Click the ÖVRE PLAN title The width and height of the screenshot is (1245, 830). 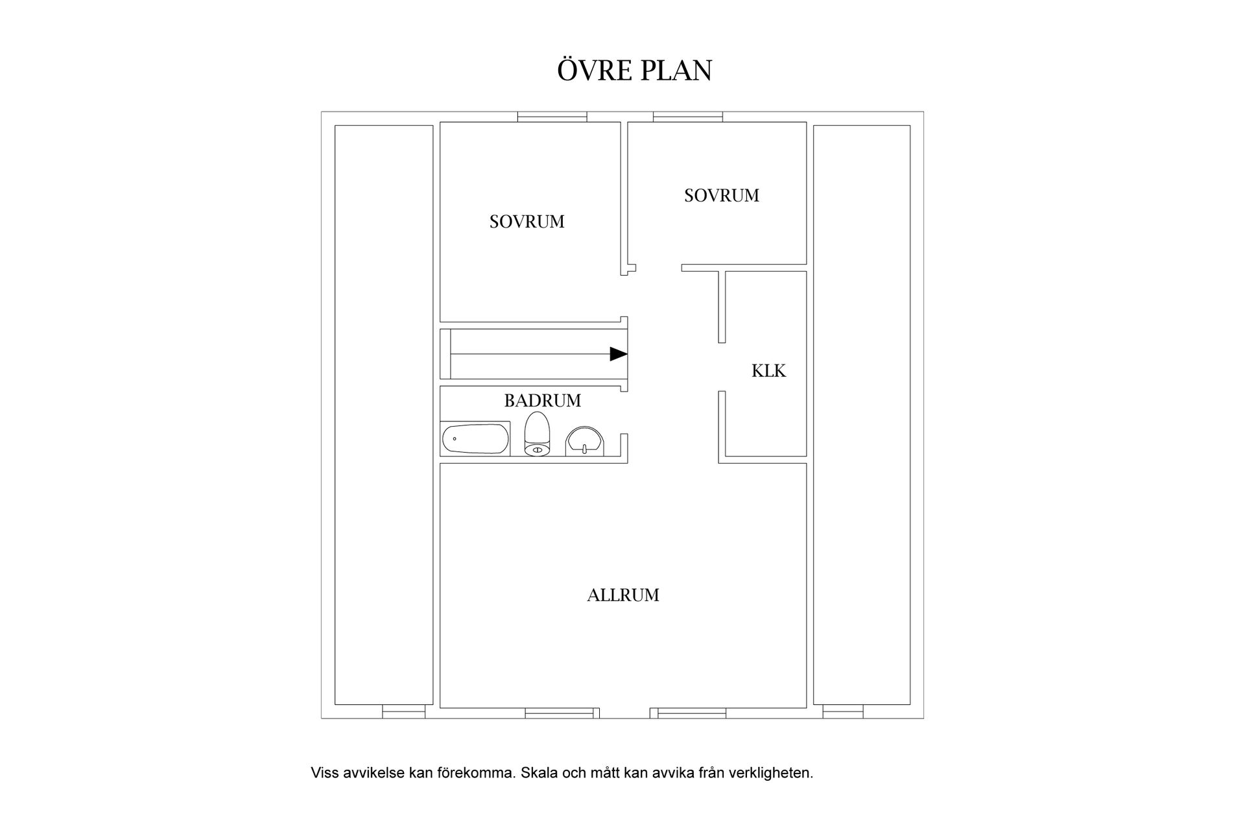(x=634, y=70)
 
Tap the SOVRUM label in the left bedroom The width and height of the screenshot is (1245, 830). (x=527, y=222)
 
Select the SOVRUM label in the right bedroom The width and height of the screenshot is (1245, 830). (x=721, y=195)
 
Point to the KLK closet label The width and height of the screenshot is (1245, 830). (x=768, y=371)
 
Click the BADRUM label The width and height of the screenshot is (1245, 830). (x=543, y=401)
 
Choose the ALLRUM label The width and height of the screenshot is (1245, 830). (x=623, y=595)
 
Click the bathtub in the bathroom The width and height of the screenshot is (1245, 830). (x=475, y=439)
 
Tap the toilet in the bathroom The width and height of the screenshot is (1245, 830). (x=537, y=434)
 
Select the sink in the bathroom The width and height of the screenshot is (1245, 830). (x=585, y=442)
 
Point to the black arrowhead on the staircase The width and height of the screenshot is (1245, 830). (x=619, y=354)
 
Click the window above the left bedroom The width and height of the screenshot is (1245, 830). (x=552, y=117)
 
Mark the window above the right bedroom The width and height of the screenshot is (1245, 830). (x=688, y=117)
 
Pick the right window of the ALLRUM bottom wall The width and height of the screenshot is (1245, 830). (x=692, y=713)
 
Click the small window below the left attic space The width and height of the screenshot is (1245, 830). (x=403, y=711)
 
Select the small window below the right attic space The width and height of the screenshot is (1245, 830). (x=843, y=711)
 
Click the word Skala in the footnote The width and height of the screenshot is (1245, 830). (x=538, y=773)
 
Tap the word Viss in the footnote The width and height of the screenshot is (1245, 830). (x=324, y=773)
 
